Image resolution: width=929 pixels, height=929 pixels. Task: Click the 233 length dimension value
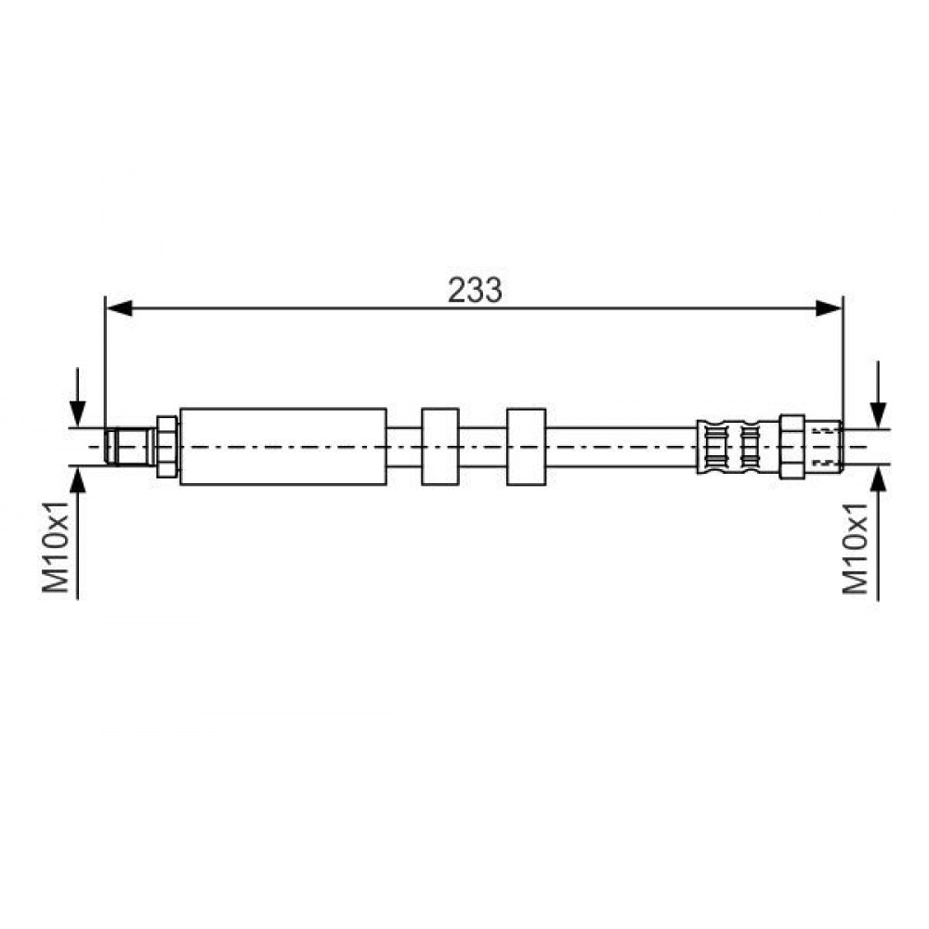click(475, 291)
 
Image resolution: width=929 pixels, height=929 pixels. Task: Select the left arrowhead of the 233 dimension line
click(119, 308)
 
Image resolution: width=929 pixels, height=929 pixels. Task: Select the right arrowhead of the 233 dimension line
click(829, 308)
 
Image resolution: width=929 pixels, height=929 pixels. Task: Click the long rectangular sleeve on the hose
click(283, 447)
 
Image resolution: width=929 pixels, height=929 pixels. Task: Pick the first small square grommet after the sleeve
click(440, 447)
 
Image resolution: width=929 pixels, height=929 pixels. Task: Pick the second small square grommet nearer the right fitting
click(526, 447)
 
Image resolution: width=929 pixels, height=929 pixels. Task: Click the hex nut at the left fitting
click(166, 447)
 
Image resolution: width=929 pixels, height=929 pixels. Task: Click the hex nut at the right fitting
click(792, 447)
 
